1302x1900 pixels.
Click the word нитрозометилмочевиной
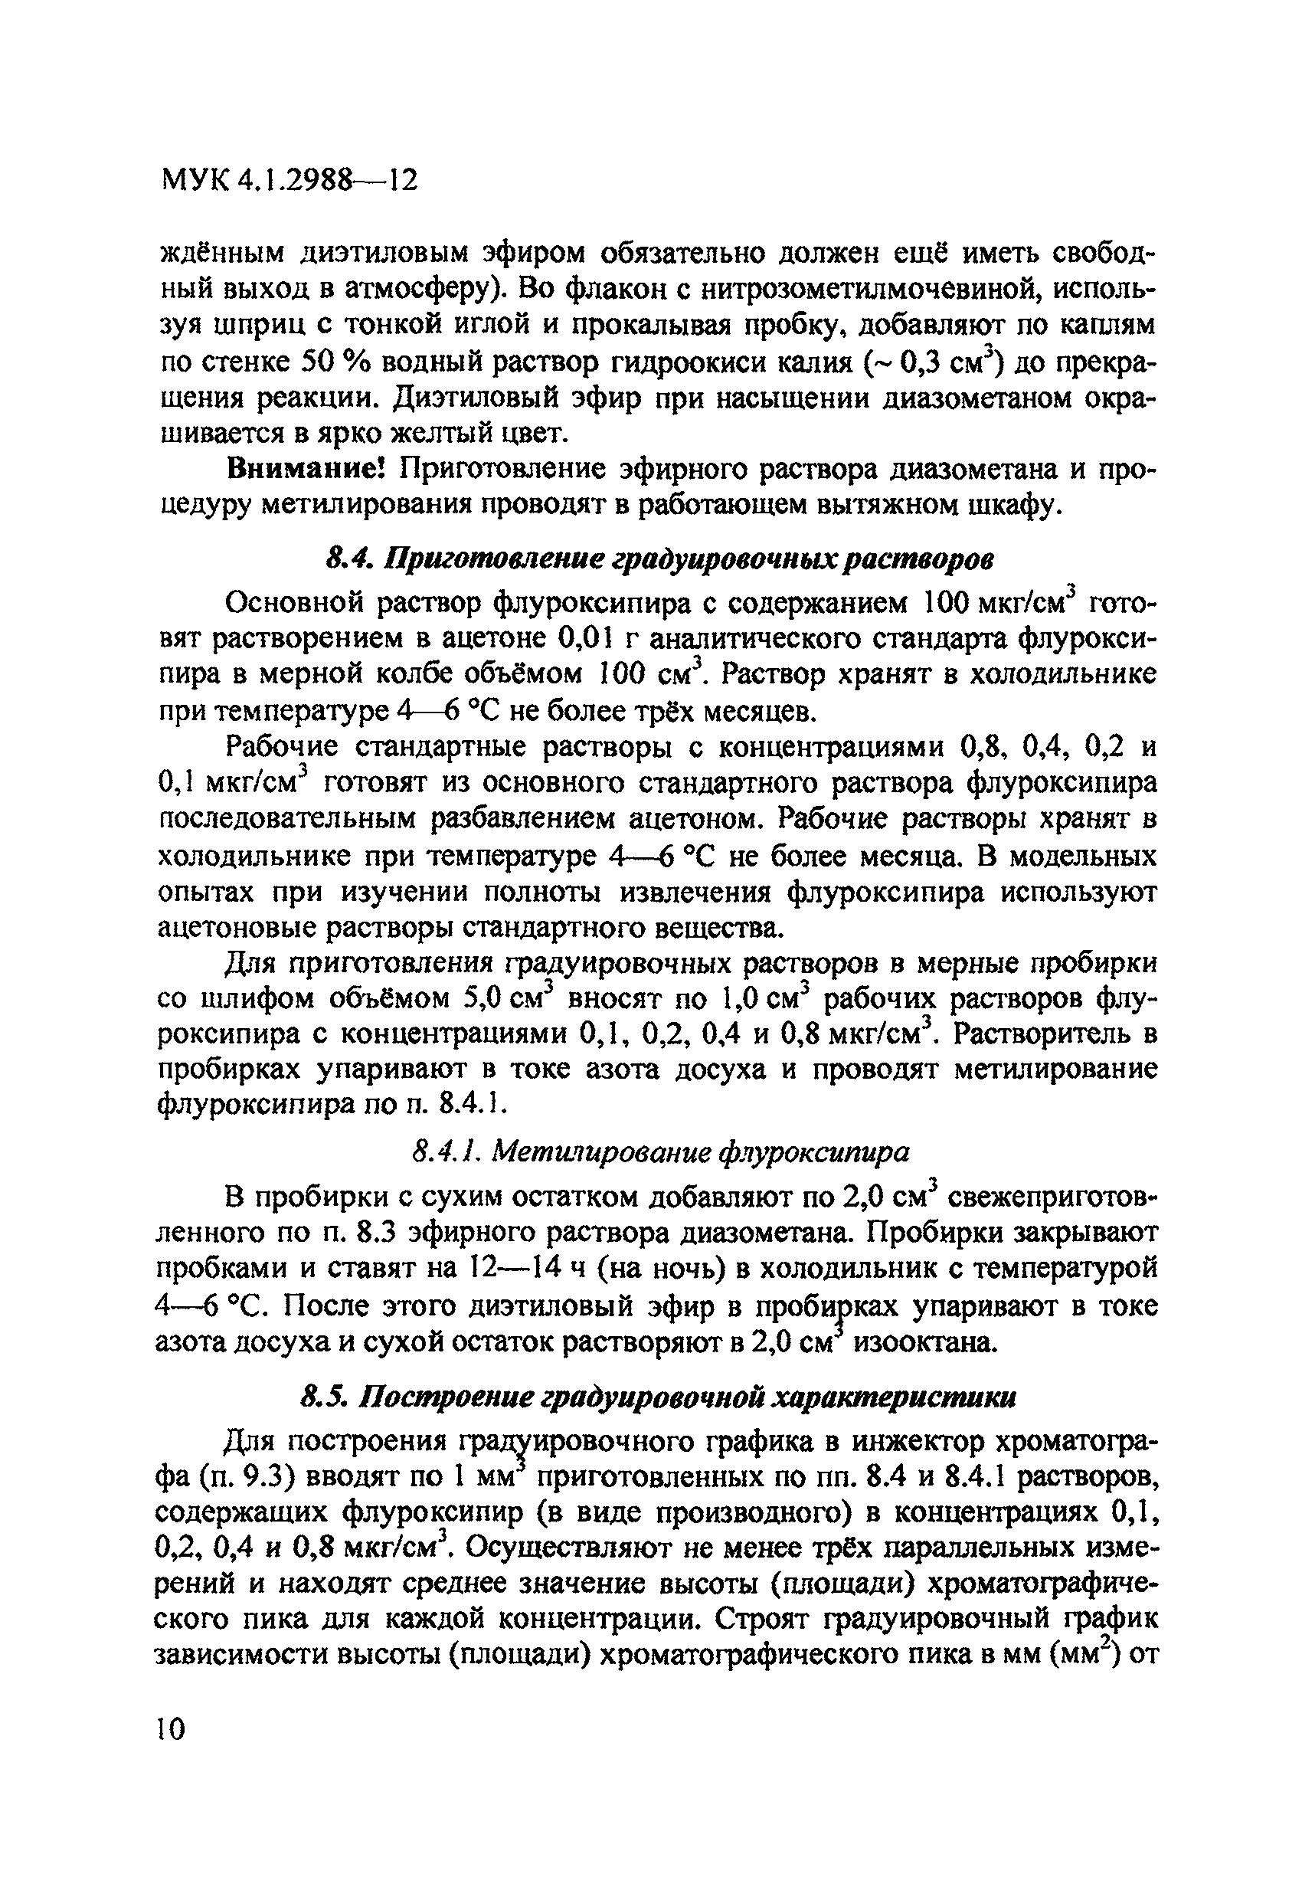click(x=874, y=289)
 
